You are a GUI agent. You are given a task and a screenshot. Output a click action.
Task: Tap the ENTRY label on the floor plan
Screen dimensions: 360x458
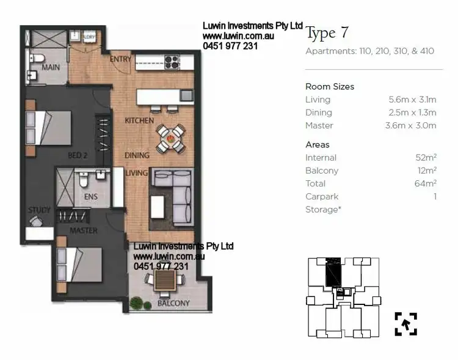120,59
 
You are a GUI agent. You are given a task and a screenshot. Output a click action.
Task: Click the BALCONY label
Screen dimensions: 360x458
173,303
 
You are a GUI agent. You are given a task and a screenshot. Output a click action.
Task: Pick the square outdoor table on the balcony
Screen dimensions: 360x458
164,281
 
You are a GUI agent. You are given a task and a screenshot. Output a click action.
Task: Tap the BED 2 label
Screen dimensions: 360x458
78,156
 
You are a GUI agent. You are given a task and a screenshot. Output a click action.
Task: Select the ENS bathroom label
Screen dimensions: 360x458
90,197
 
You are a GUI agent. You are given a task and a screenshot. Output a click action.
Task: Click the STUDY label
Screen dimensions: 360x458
39,210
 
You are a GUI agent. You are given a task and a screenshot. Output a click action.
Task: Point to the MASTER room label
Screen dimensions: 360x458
84,231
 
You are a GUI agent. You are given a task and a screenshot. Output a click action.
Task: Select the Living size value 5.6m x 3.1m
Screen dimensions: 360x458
412,100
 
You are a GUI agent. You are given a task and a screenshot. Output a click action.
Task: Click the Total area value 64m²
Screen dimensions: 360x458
425,183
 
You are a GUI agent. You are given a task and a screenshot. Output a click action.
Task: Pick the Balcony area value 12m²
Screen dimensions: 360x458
425,171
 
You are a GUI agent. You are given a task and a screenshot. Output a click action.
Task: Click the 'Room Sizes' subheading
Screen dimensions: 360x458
330,87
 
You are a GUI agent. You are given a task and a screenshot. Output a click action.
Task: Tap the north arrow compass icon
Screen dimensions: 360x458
405,323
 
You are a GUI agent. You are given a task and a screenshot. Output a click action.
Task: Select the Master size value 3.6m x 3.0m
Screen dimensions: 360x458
412,125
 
